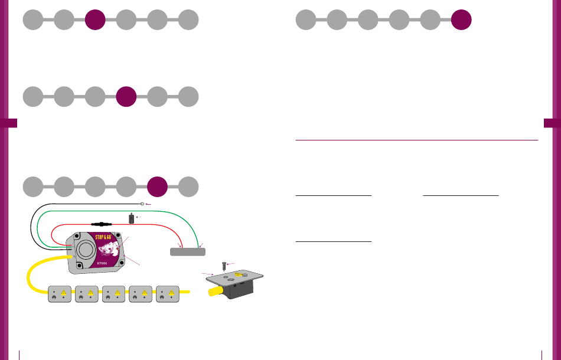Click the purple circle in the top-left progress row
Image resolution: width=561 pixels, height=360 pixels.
95,20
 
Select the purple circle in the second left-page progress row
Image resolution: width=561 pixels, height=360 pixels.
126,96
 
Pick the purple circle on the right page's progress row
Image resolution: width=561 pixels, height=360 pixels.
461,20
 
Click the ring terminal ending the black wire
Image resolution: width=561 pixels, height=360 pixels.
143,204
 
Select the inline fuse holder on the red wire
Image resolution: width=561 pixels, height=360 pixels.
101,224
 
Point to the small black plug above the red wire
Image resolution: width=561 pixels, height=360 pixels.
130,218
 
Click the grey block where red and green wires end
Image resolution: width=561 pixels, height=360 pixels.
188,252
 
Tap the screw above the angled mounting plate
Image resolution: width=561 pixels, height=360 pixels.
224,266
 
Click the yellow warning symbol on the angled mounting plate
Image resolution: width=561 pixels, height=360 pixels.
238,275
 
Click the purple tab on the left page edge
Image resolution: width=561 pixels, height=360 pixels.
8,123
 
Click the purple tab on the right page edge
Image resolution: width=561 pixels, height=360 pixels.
552,123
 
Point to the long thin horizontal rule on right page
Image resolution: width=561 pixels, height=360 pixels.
416,140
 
